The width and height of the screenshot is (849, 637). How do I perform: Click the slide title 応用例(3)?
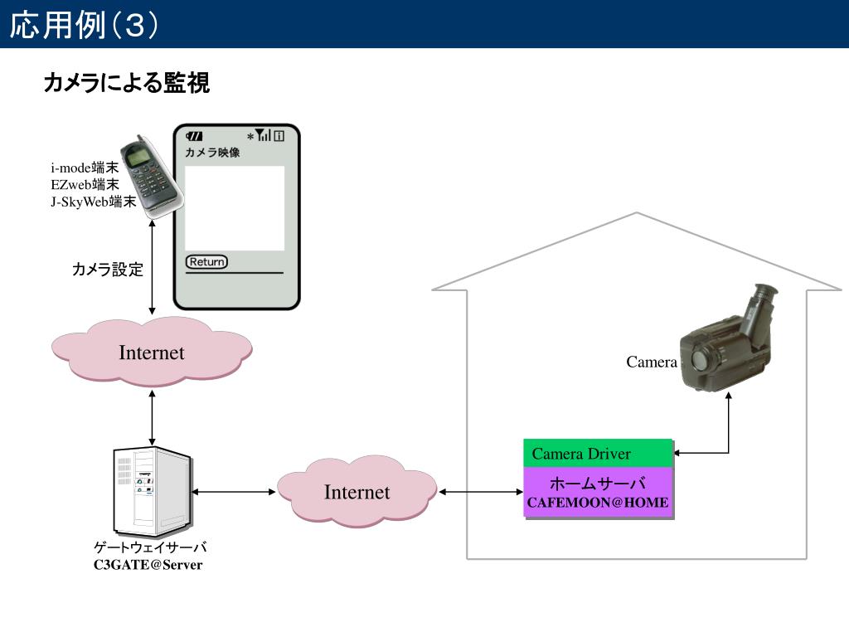pyautogui.click(x=84, y=25)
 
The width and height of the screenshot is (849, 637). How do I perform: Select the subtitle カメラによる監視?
pyautogui.click(x=126, y=83)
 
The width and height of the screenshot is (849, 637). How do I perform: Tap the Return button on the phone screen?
pyautogui.click(x=206, y=261)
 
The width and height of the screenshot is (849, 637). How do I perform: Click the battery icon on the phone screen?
pyautogui.click(x=194, y=136)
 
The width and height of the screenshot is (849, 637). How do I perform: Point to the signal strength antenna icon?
pyautogui.click(x=263, y=135)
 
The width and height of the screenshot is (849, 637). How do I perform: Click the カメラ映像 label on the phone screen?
pyautogui.click(x=212, y=153)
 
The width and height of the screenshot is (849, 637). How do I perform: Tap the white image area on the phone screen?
pyautogui.click(x=235, y=208)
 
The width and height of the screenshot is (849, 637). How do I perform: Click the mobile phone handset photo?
pyautogui.click(x=151, y=177)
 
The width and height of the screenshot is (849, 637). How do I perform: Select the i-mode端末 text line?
pyautogui.click(x=85, y=168)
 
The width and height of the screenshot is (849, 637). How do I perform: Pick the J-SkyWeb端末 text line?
pyautogui.click(x=93, y=202)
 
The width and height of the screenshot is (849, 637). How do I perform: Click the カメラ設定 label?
pyautogui.click(x=107, y=270)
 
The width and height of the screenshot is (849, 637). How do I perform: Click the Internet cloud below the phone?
pyautogui.click(x=152, y=352)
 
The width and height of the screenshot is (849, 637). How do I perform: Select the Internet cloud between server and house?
pyautogui.click(x=357, y=492)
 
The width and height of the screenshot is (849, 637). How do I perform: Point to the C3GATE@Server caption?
pyautogui.click(x=148, y=564)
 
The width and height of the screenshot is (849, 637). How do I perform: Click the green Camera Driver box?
pyautogui.click(x=598, y=454)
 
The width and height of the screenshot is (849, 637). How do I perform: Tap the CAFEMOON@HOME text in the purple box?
pyautogui.click(x=598, y=503)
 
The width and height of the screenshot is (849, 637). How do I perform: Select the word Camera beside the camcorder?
pyautogui.click(x=652, y=362)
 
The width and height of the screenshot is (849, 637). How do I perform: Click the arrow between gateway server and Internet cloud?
pyautogui.click(x=234, y=492)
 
